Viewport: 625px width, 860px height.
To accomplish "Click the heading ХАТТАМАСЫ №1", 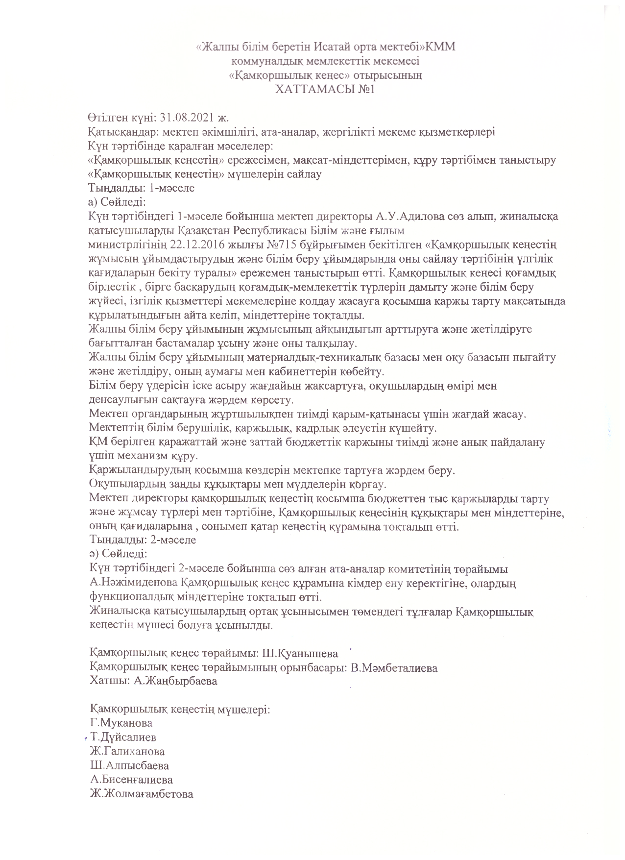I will coord(325,89).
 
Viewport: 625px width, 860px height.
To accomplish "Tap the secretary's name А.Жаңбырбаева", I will coord(175,681).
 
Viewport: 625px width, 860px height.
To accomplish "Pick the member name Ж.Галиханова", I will coord(127,751).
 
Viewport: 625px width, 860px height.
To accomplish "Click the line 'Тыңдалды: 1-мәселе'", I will coord(141,188).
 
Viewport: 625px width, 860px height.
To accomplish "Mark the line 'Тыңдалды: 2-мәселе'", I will coord(142,540).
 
